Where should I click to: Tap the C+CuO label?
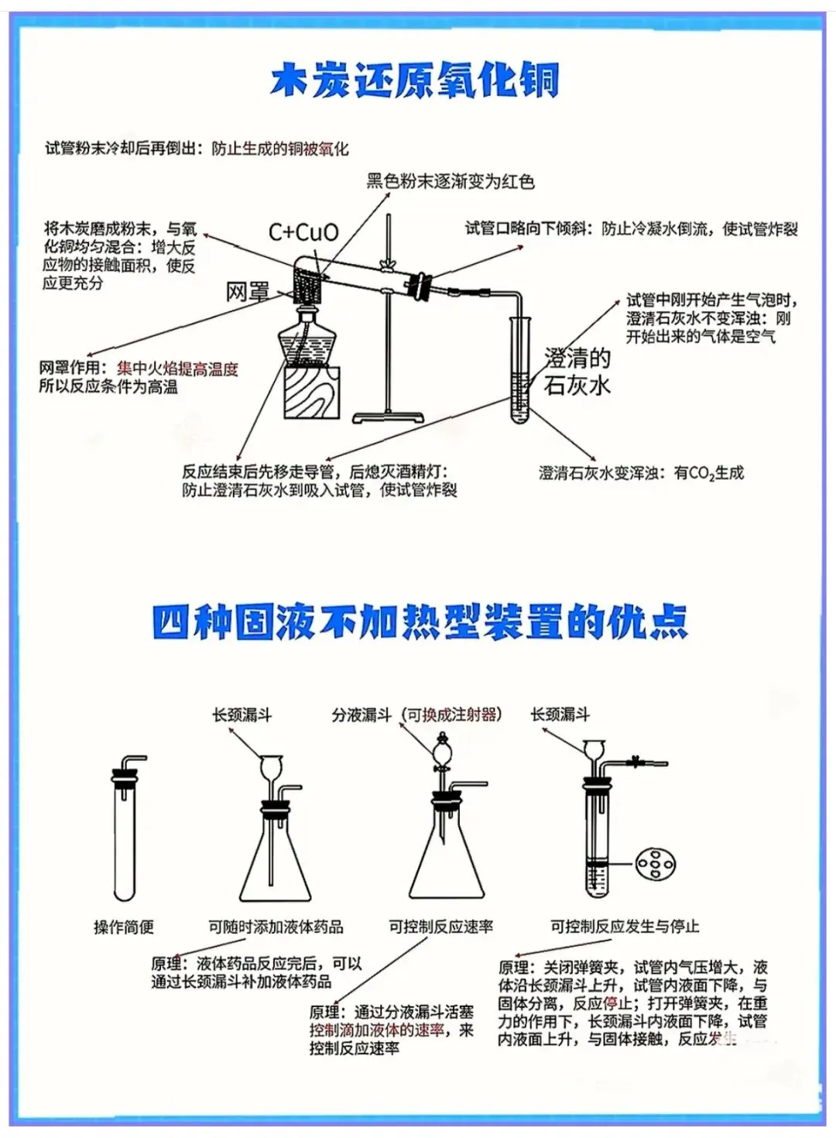(303, 232)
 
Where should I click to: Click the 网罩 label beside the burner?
(247, 292)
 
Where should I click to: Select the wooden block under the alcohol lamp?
(312, 392)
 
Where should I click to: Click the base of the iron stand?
(389, 417)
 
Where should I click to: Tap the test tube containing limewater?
(519, 372)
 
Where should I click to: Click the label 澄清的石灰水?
(577, 372)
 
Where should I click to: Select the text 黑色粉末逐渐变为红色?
(450, 182)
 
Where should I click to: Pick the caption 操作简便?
(124, 927)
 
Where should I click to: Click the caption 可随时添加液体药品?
(276, 927)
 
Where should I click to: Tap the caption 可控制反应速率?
(440, 927)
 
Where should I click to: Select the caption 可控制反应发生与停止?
(624, 927)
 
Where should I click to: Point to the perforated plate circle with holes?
(654, 864)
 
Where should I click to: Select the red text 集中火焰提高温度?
(177, 369)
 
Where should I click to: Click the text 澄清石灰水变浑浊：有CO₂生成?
(641, 473)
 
